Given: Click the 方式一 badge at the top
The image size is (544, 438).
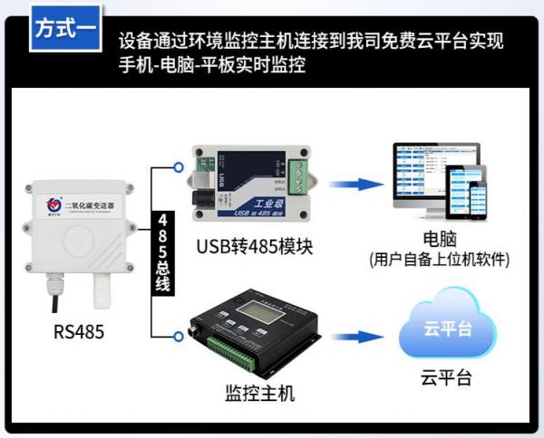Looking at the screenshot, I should point(64,27).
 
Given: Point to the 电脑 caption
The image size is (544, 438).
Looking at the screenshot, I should point(439,240).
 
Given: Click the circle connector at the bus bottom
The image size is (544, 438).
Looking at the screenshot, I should point(179,337).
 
